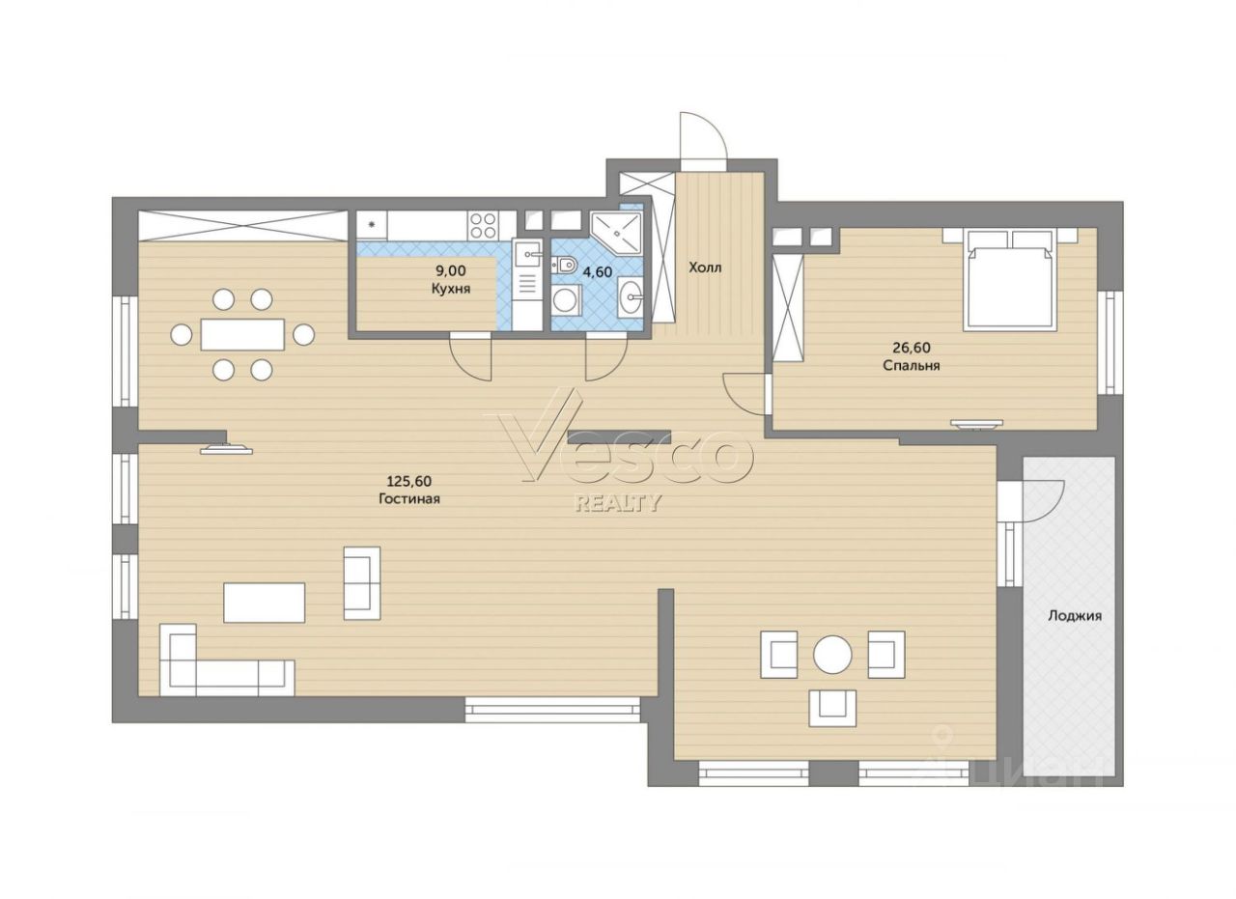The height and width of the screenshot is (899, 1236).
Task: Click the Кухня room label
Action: [451, 289]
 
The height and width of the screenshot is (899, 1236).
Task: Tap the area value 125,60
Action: [408, 481]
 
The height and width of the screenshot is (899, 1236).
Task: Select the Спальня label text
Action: [912, 365]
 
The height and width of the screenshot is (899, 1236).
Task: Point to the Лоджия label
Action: [1075, 615]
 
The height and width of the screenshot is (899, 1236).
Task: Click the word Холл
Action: [705, 268]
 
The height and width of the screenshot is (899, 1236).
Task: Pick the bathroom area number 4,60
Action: [597, 271]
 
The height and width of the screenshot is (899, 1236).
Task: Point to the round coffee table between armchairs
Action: [832, 655]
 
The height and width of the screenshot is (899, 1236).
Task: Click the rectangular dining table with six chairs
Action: [242, 334]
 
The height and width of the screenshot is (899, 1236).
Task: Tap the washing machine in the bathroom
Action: [566, 301]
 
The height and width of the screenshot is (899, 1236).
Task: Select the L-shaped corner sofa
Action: [227, 660]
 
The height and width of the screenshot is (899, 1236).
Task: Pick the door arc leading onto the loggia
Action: [1040, 500]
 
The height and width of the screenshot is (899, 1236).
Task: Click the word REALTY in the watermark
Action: [618, 503]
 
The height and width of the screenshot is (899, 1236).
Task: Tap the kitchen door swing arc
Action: [469, 358]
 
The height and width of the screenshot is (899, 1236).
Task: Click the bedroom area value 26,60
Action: [912, 347]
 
